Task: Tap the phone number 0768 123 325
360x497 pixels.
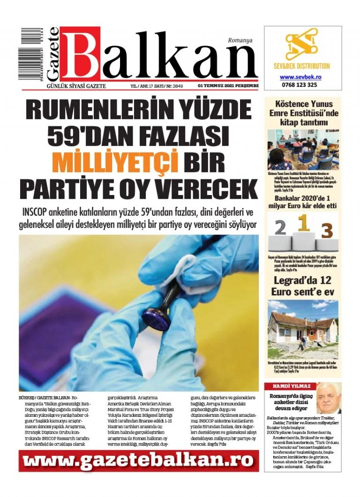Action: click(300, 85)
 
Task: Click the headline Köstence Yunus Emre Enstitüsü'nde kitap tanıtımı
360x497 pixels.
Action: click(303, 113)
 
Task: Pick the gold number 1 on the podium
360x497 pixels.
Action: click(304, 224)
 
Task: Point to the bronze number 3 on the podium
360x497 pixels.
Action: click(327, 230)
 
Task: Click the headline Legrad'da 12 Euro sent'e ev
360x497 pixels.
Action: click(303, 286)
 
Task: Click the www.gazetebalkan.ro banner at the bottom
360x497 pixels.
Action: click(139, 460)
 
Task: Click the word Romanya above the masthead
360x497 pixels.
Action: click(240, 40)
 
